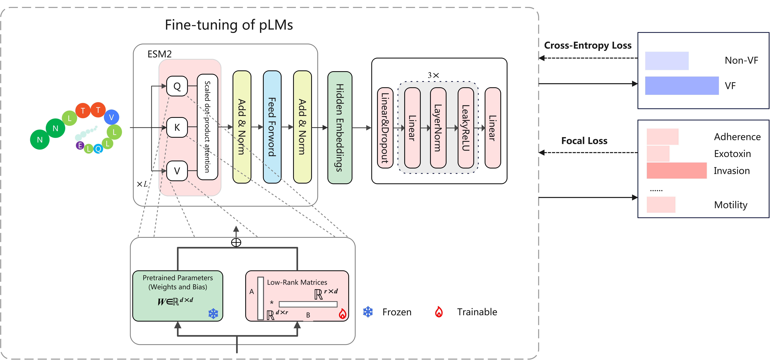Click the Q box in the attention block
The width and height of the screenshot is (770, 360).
click(177, 86)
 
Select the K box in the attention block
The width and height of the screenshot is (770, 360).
click(177, 127)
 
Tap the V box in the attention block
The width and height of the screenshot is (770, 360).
click(177, 171)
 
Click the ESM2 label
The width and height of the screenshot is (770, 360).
click(160, 54)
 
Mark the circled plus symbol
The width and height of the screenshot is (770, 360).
click(236, 242)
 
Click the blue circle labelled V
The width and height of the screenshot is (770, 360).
click(111, 117)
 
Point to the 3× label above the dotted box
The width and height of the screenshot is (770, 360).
click(433, 75)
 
